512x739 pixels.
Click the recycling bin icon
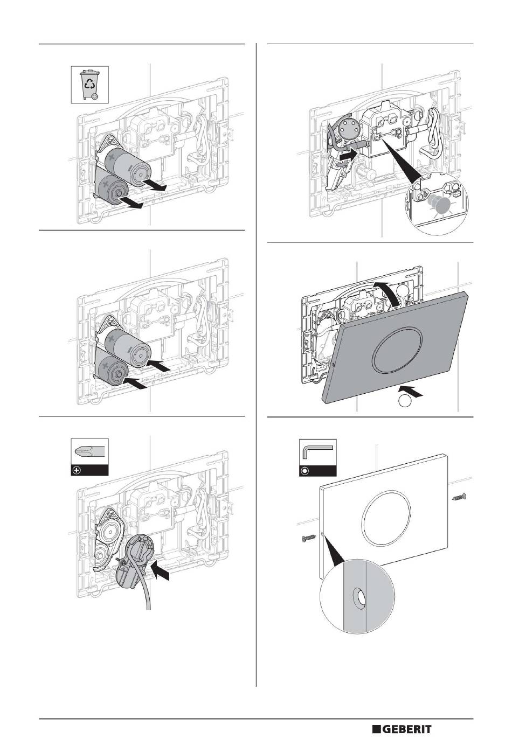pyautogui.click(x=89, y=85)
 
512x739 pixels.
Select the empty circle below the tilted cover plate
pyautogui.click(x=405, y=401)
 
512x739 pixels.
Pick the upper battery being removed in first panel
pyautogui.click(x=127, y=168)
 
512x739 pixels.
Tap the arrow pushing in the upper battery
pyautogui.click(x=158, y=365)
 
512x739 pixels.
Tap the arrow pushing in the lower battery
pyautogui.click(x=134, y=384)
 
